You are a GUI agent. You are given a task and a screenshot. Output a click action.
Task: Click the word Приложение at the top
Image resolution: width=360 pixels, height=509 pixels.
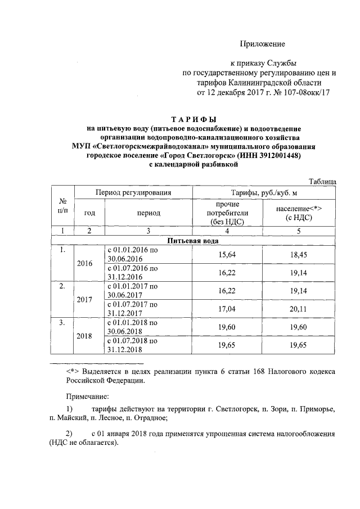263,44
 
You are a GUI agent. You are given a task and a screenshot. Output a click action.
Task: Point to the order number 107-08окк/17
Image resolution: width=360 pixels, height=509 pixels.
302,92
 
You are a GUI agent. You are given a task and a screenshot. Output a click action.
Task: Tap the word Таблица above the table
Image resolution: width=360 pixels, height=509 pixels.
323,181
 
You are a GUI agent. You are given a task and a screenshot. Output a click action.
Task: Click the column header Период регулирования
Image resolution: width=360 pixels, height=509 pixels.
133,193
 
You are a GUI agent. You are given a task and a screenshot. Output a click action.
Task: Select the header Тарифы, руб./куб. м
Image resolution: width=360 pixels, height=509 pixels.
264,193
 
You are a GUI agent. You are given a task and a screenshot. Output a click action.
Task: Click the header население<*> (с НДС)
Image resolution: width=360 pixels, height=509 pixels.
299,213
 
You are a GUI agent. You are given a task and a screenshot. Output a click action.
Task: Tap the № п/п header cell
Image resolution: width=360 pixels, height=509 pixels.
63,205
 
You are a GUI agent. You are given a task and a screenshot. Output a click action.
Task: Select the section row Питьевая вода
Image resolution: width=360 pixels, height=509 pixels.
193,241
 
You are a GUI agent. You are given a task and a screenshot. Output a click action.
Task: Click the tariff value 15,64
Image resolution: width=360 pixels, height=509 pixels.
228,254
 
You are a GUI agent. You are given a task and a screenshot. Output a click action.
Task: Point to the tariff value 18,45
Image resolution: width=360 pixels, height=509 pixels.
299,254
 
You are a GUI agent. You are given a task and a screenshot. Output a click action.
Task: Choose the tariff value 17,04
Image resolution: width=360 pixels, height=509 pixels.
228,308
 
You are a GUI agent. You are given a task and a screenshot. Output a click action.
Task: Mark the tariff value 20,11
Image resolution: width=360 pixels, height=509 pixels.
299,308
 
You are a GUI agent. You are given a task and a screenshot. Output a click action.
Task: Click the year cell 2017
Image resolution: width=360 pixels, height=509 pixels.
85,300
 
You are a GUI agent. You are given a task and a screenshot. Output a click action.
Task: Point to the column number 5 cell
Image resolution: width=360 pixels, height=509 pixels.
299,231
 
